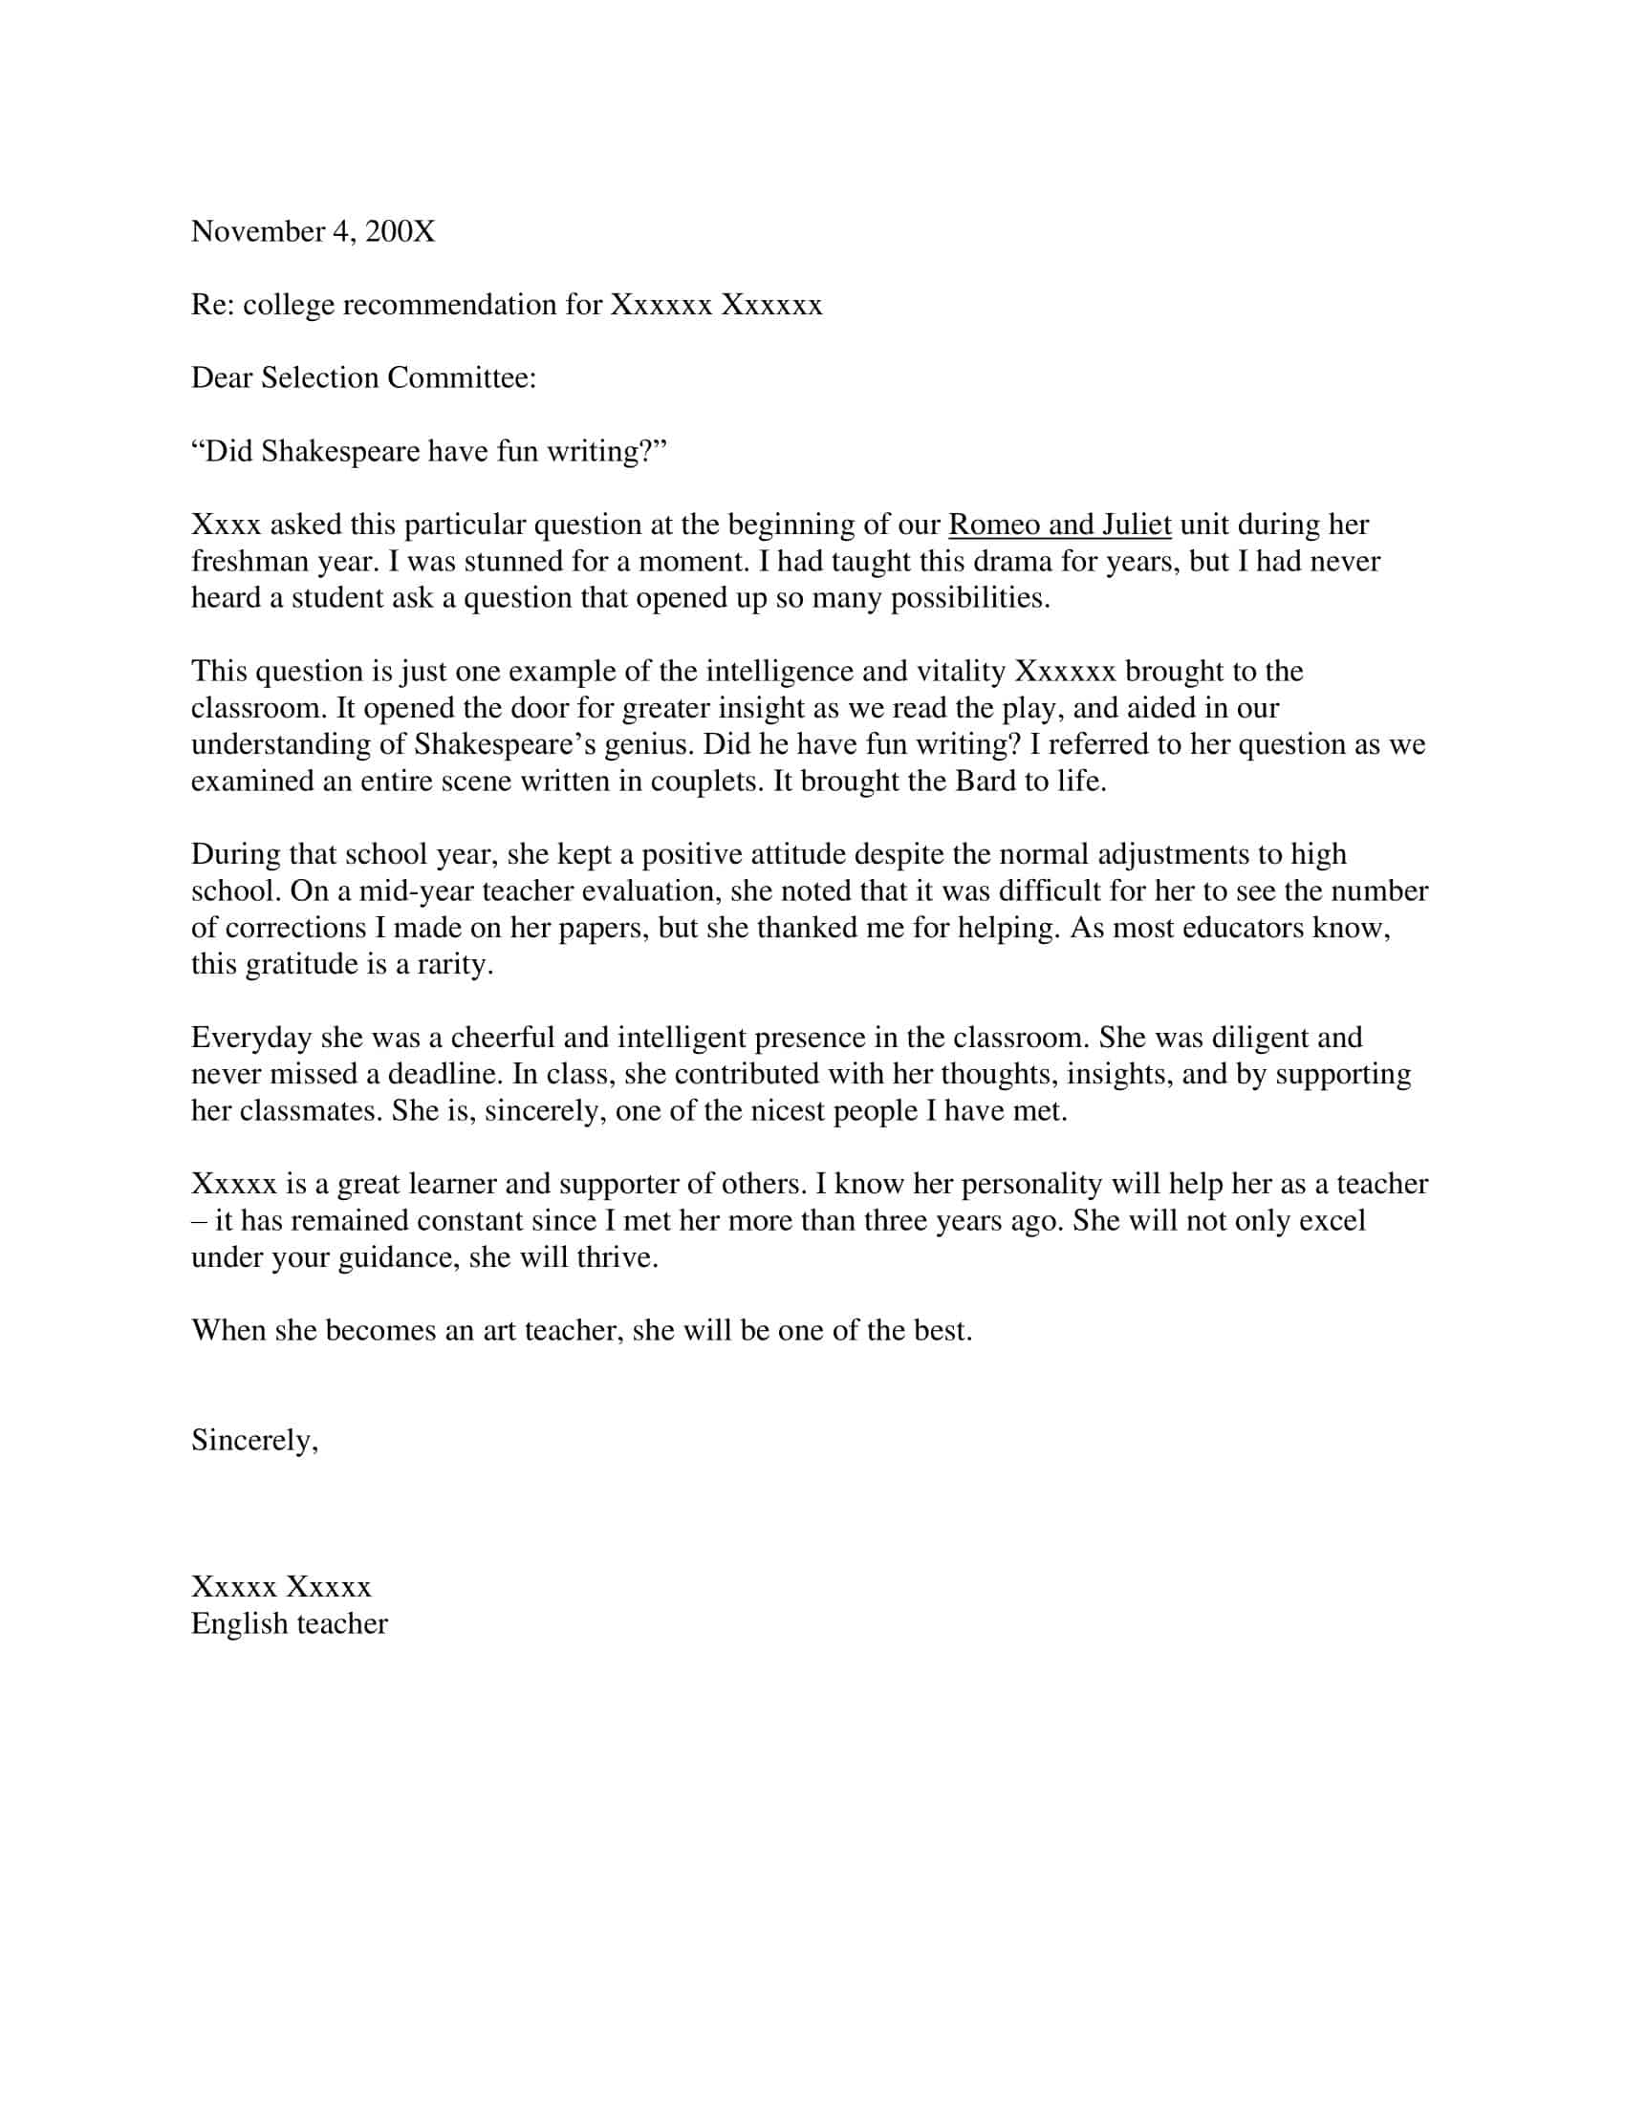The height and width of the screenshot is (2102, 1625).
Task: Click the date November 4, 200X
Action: [313, 232]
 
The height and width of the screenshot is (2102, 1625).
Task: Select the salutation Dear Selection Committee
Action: [363, 378]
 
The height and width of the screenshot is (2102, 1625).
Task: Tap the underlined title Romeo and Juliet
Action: [1059, 525]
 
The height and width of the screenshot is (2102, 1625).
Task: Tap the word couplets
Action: [706, 781]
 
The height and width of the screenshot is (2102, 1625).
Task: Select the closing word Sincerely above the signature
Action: [254, 1441]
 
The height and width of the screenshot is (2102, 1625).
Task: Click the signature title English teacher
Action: [289, 1624]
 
